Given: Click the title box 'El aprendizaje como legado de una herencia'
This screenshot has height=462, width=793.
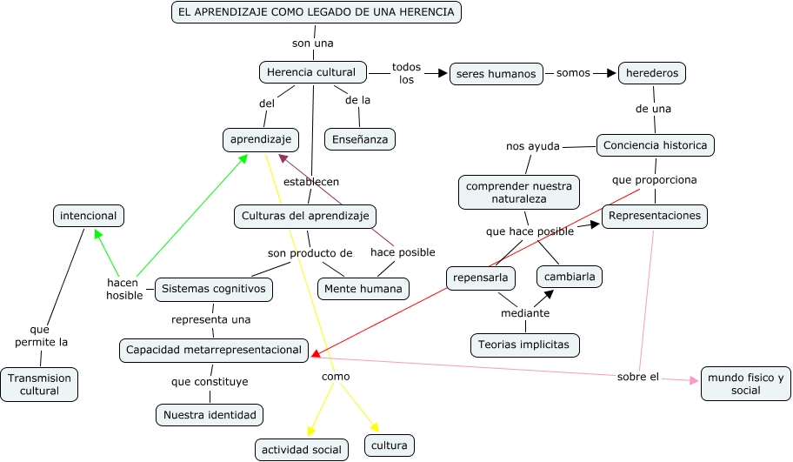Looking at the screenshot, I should (x=317, y=11).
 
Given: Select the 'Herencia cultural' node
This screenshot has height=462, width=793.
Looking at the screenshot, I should (x=312, y=72).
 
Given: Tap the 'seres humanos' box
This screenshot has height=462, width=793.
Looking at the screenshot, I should (x=496, y=74).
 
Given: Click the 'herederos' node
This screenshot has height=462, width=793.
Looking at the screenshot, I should (x=652, y=73).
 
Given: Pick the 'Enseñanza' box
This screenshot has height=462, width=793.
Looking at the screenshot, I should (x=360, y=139).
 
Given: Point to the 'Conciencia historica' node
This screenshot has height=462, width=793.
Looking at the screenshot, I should (x=656, y=145).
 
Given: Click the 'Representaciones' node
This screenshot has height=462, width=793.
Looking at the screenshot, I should (x=656, y=216).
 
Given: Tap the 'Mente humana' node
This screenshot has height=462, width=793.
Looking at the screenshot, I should (x=363, y=289).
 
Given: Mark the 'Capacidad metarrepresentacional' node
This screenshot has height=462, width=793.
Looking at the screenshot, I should (x=214, y=351).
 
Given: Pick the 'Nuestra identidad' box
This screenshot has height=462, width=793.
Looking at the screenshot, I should (x=210, y=415).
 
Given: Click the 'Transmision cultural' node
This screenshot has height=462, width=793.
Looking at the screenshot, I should (x=40, y=385).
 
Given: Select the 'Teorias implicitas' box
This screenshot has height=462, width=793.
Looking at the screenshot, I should (x=524, y=345).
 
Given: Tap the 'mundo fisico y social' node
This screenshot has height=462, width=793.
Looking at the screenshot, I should (x=745, y=384).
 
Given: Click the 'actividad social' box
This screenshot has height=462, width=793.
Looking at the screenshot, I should (x=303, y=449).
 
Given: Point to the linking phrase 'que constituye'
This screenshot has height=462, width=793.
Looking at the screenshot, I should (x=210, y=381).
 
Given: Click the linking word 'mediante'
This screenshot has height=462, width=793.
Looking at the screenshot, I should (x=525, y=313).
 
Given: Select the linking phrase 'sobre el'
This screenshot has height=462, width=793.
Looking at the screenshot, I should (x=638, y=377).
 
